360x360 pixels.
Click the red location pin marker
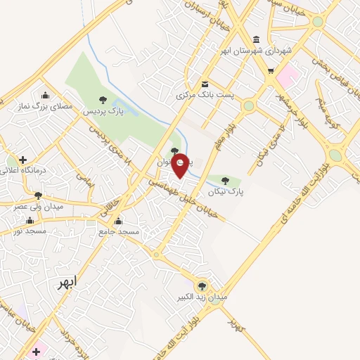(181, 165)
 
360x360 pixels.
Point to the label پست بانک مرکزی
(206, 94)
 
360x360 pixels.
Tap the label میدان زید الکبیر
(202, 297)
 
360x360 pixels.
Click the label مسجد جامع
(119, 231)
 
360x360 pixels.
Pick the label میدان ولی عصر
(38, 207)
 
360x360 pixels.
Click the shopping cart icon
(271, 71)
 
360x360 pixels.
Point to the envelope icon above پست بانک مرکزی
(205, 82)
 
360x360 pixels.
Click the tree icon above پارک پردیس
(103, 100)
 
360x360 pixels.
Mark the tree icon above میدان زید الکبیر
(202, 285)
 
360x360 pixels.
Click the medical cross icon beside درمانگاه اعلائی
(23, 160)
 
